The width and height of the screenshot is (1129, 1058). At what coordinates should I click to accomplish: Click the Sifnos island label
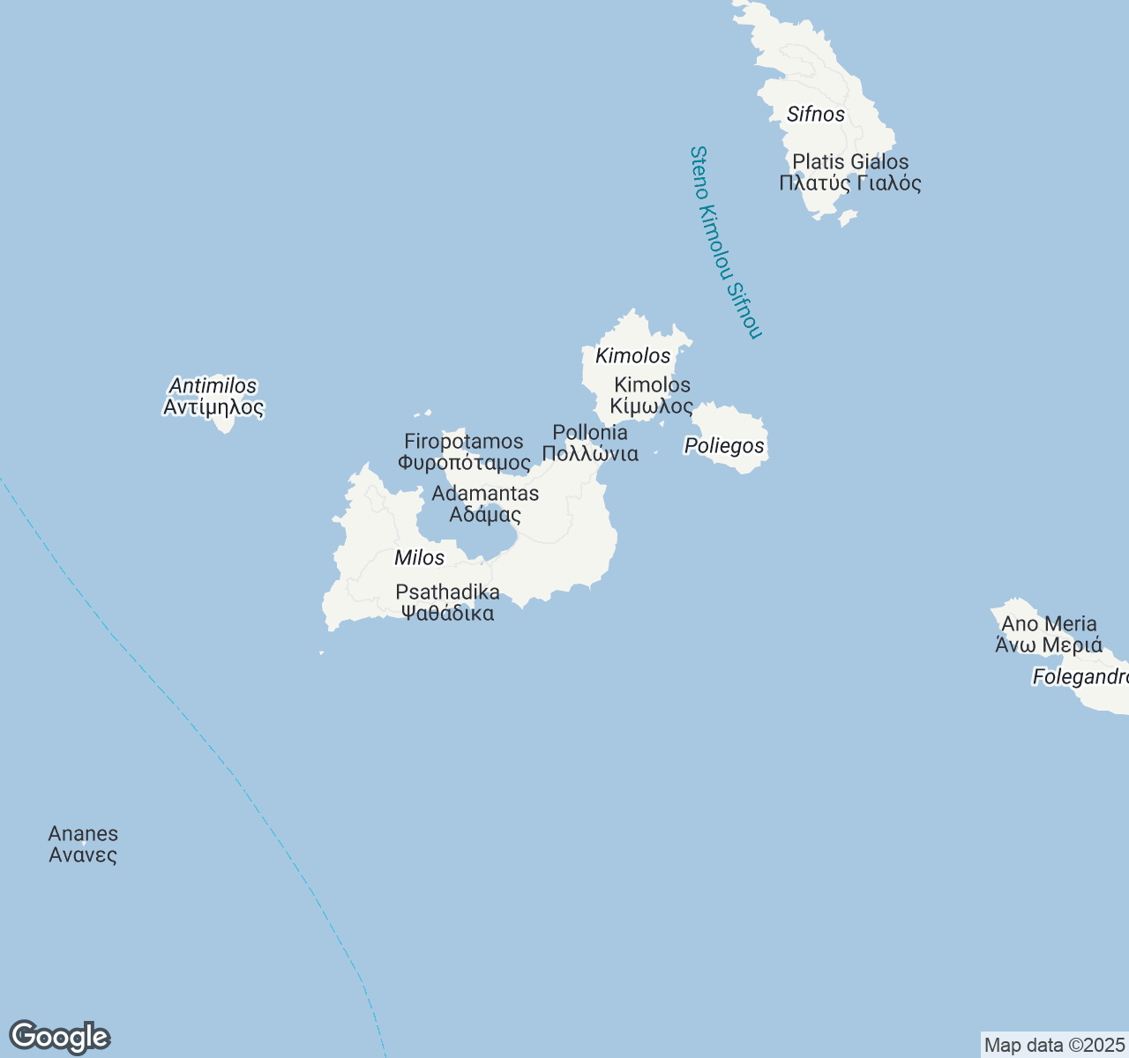point(816,114)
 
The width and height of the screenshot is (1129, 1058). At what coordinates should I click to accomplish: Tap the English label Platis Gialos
point(850,161)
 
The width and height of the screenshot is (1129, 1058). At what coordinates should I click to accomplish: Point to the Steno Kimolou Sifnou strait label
point(724,242)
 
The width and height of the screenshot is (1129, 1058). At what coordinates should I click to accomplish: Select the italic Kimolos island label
point(633,355)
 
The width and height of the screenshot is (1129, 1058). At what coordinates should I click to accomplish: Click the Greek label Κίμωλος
point(652,406)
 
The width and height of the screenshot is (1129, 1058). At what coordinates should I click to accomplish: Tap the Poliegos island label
point(724,445)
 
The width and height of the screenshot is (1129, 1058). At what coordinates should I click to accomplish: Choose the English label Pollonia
point(590,432)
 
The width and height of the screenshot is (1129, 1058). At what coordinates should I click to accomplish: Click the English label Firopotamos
point(464,441)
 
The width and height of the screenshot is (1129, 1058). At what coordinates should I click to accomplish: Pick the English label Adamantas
point(485,493)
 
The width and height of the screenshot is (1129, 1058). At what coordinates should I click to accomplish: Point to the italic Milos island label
point(420,557)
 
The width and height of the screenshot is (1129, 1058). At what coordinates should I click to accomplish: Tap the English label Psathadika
point(448,592)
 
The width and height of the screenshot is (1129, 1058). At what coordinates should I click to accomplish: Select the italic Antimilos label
point(213,385)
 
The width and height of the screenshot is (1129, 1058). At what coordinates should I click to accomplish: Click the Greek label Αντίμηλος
point(213,407)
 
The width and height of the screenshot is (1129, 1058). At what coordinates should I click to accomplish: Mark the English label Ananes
point(83,833)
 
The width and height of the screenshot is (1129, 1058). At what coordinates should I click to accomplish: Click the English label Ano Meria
point(1050,623)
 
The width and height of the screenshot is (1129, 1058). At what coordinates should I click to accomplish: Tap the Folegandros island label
point(1080,676)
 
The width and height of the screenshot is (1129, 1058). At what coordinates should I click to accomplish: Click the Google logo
point(59,1037)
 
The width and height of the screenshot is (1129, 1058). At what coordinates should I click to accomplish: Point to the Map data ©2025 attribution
point(1055,1045)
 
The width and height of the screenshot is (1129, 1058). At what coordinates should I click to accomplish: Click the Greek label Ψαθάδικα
point(448,613)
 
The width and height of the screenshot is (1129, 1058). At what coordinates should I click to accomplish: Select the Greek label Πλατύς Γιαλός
point(850,183)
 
